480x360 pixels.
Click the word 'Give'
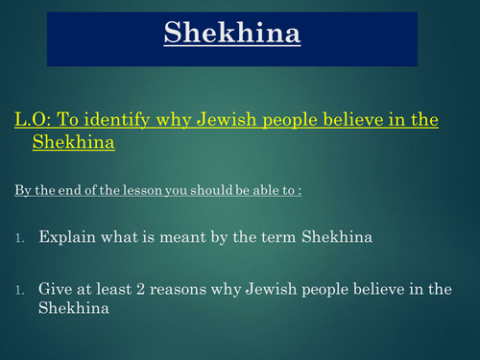(x=56, y=287)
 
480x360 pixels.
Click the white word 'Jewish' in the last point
(x=273, y=287)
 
